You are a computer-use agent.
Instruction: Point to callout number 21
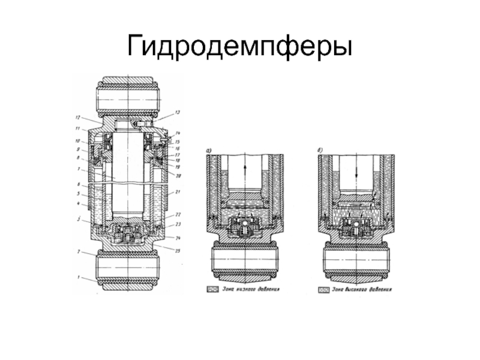click(x=178, y=192)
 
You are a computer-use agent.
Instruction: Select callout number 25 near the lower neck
click(x=178, y=251)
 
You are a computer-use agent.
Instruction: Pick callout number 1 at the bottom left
click(x=77, y=277)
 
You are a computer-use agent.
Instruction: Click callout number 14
click(x=178, y=133)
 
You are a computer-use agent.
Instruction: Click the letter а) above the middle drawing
click(x=208, y=150)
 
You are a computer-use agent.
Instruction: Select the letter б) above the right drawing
click(x=319, y=150)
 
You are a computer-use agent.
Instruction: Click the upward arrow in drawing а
click(x=245, y=170)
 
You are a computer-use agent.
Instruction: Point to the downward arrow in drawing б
click(x=356, y=170)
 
